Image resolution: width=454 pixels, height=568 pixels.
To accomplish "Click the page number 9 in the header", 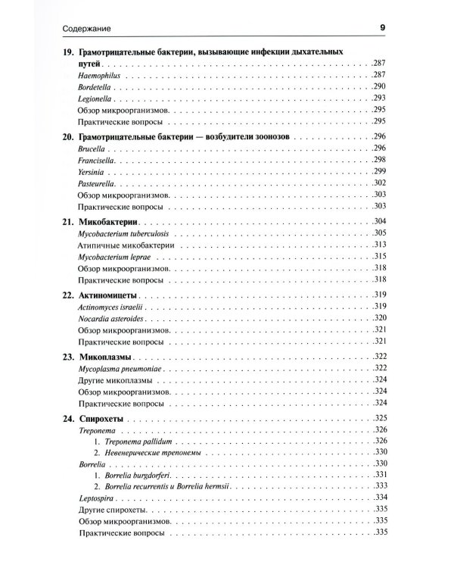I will (383, 29).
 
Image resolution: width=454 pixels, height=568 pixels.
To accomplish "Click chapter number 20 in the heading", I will (66, 137).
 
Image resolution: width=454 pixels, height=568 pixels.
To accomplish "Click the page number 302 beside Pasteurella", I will (380, 183).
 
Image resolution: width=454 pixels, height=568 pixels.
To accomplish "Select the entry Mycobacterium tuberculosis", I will (125, 233).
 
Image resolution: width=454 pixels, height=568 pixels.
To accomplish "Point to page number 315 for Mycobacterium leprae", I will (380, 256).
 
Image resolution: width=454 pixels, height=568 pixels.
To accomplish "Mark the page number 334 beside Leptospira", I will (380, 498).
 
